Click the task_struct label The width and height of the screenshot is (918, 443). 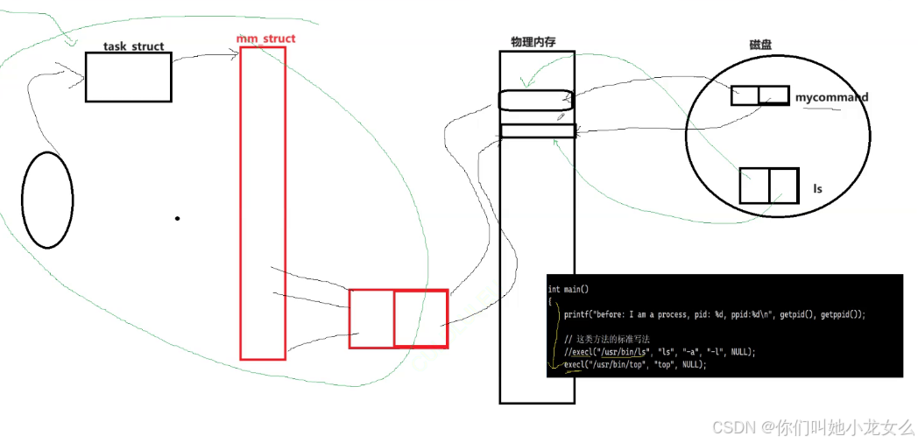pyautogui.click(x=133, y=46)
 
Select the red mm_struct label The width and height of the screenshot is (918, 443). pyautogui.click(x=266, y=39)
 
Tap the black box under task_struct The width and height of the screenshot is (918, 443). pyautogui.click(x=128, y=77)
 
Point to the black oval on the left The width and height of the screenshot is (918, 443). pyautogui.click(x=47, y=200)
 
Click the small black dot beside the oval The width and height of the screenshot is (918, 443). pyautogui.click(x=177, y=218)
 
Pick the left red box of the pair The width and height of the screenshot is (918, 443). pyautogui.click(x=371, y=319)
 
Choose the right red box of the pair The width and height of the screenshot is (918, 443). pyautogui.click(x=420, y=319)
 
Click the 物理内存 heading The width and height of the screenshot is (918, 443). pyautogui.click(x=533, y=42)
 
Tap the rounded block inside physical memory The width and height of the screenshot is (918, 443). pyautogui.click(x=536, y=100)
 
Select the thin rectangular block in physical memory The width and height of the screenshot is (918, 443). pyautogui.click(x=537, y=130)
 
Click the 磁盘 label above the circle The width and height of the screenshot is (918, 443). pyautogui.click(x=759, y=45)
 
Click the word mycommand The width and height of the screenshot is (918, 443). pyautogui.click(x=831, y=97)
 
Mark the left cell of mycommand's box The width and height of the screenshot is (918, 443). pyautogui.click(x=745, y=95)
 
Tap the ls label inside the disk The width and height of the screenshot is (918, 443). pyautogui.click(x=817, y=188)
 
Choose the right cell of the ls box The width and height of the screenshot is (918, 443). pyautogui.click(x=784, y=186)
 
